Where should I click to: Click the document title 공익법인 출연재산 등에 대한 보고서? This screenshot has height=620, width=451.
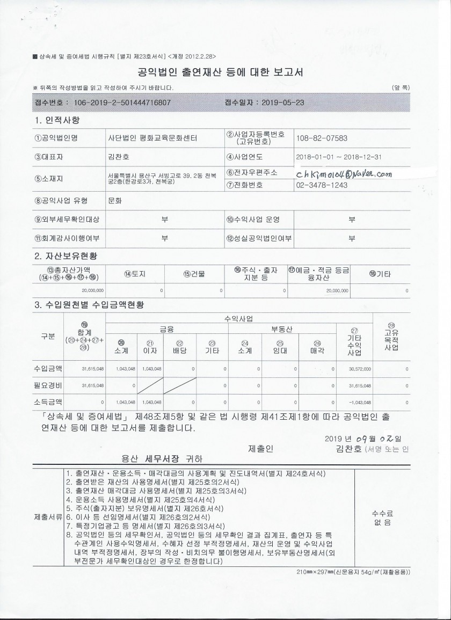pos(221,72)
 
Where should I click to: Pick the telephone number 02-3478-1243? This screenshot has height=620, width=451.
pos(322,185)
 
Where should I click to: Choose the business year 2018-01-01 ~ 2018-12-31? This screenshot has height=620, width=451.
pos(338,158)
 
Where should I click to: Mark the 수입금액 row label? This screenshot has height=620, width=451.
pos(48,369)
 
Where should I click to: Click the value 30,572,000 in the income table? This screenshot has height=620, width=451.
pos(360,369)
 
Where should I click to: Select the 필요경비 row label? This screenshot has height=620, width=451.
pos(48,385)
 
